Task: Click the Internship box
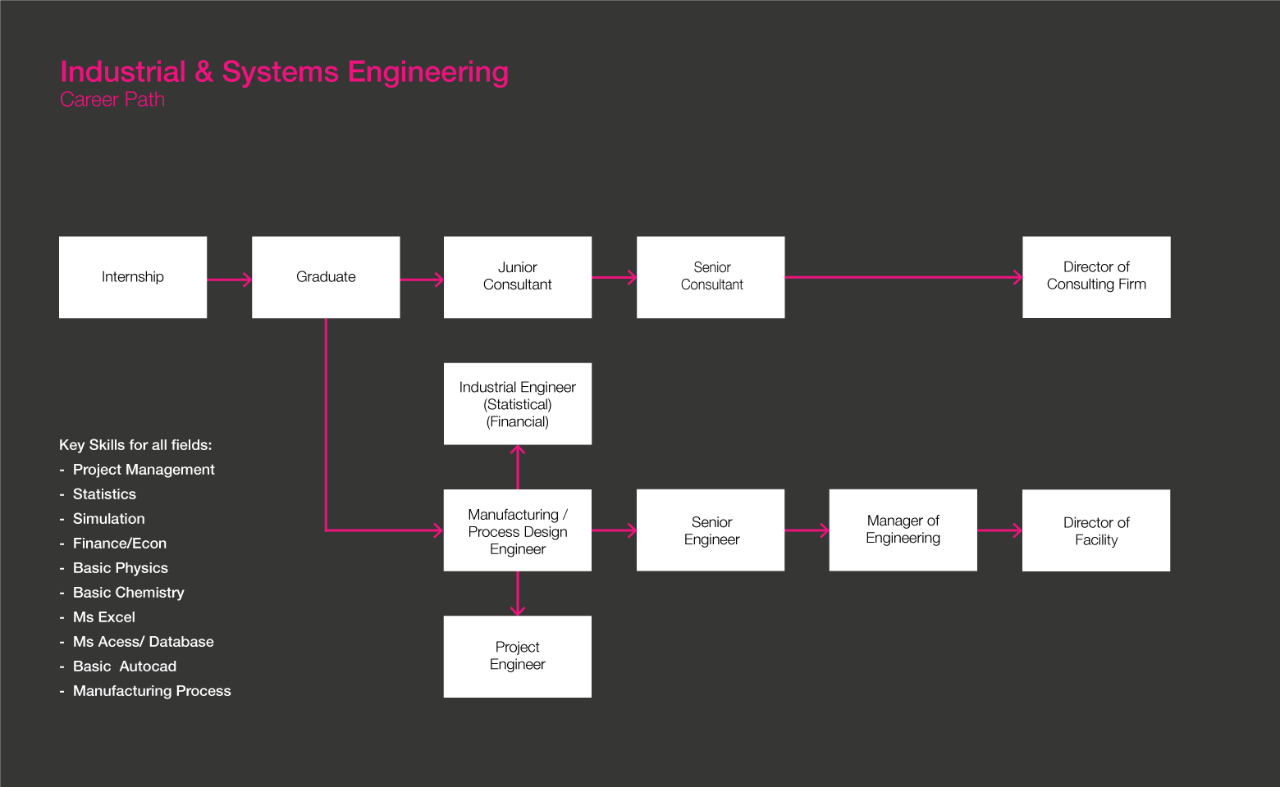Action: tap(133, 277)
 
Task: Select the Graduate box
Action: tap(326, 277)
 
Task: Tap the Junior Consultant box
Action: tap(518, 277)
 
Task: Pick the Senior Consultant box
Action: tap(711, 277)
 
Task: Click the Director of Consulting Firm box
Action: tap(1096, 277)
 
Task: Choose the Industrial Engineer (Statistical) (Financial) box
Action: tap(518, 404)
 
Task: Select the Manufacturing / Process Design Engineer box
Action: tap(518, 530)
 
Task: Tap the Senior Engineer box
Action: tap(711, 530)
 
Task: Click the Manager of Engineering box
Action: tap(903, 530)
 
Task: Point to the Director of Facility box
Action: tap(1096, 530)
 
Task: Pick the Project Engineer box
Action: tap(518, 657)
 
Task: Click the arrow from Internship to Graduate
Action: tap(229, 280)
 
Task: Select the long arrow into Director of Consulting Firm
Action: tap(903, 277)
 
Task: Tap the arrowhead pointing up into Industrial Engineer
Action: tap(518, 450)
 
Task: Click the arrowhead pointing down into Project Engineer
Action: tap(518, 610)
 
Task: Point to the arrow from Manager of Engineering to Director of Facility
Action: tap(999, 530)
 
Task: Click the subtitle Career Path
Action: tap(112, 100)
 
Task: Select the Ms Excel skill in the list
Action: tap(104, 617)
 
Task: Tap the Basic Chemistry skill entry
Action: tap(128, 593)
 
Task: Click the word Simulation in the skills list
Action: tap(108, 519)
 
